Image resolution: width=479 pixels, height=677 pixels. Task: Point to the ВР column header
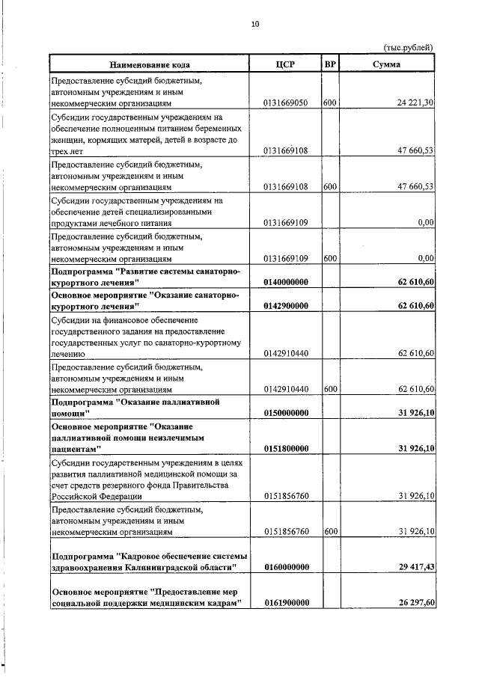(x=329, y=64)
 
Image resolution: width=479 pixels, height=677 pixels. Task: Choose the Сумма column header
(x=387, y=64)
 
